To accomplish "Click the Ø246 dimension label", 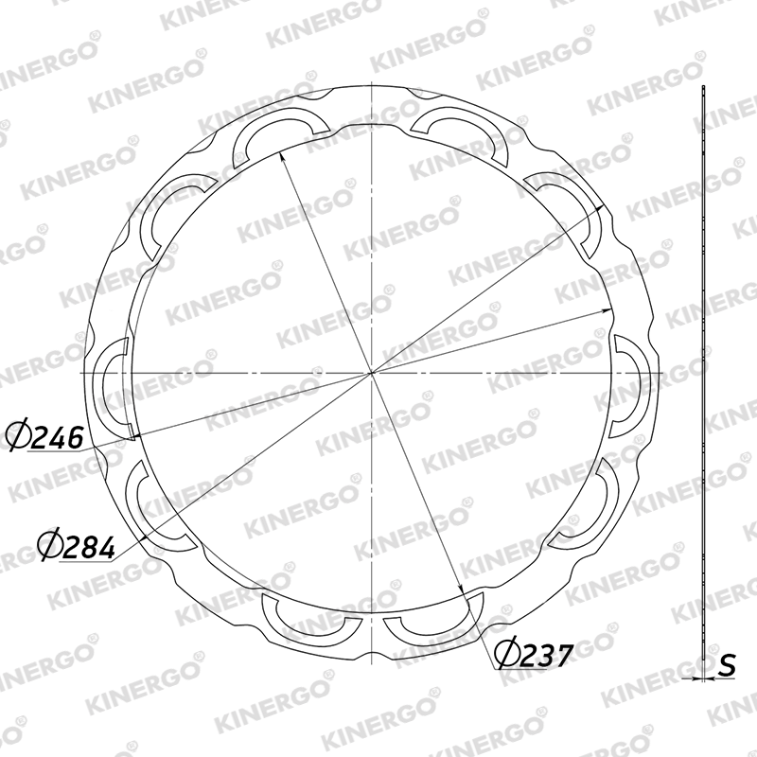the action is coord(44,437).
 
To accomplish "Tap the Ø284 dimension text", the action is coord(77,547).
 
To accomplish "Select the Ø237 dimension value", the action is coord(534,655).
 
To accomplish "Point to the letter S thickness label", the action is coord(727,665).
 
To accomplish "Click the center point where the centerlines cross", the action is coord(371,373).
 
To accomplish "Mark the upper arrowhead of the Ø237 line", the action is coord(281,157).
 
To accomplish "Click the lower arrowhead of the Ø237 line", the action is coord(461,589).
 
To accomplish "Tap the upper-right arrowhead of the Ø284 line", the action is coord(599,208).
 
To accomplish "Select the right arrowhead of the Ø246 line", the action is coord(607,310).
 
